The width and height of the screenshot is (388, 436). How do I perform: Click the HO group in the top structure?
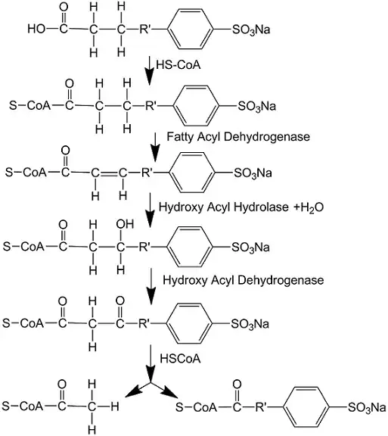pos(36,29)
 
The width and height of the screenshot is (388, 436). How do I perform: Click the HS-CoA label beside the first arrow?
pos(178,65)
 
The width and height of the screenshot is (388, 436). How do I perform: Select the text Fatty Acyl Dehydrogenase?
pos(238,137)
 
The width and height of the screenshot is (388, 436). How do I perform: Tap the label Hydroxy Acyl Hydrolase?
pos(223,207)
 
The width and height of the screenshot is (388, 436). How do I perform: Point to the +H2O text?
pos(309,207)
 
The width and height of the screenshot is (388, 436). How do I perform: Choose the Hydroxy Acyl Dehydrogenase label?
pos(244,280)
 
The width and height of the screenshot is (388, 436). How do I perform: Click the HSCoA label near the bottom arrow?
pos(180,359)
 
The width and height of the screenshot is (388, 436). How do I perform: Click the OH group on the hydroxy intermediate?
pos(125,224)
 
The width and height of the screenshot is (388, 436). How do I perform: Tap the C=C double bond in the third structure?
pos(109,173)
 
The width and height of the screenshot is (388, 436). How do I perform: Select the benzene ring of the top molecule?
pos(191,29)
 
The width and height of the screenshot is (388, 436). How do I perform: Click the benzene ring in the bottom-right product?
pos(306,406)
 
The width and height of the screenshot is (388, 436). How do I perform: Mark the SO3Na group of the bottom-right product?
pos(367,407)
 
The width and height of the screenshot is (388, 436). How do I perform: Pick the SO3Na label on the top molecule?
pos(251,30)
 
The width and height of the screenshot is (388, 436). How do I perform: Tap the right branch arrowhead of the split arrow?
pos(169,391)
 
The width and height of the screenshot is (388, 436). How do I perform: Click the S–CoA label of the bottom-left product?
pos(23,406)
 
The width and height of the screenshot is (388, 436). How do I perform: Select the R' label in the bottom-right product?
pos(261,407)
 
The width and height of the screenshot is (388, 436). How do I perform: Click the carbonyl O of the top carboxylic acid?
pos(64,8)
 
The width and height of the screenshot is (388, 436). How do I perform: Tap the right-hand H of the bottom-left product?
pos(115,406)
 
